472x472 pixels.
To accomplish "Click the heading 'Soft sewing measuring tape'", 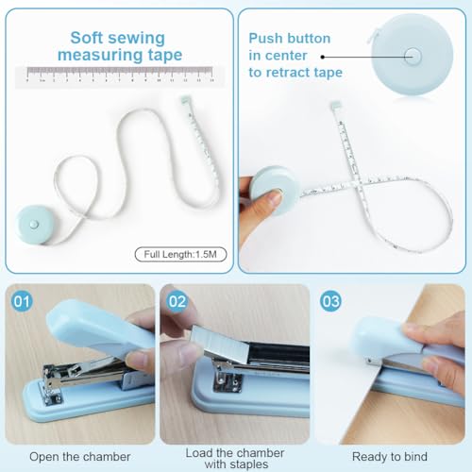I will pyautogui.click(x=117, y=46).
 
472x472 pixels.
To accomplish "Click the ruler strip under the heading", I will pyautogui.click(x=117, y=76).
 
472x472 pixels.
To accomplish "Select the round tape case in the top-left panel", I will pyautogui.click(x=32, y=224).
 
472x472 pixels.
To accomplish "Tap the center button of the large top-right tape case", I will pyautogui.click(x=412, y=55).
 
